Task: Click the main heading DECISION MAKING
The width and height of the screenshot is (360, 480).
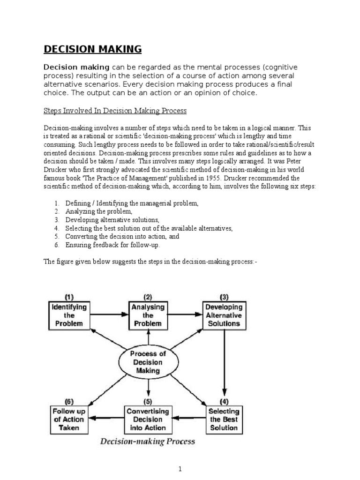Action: point(92,49)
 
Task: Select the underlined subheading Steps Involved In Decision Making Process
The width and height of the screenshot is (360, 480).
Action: point(115,111)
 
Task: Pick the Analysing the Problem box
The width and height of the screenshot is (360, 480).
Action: point(148,315)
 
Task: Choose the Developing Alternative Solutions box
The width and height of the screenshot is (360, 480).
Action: point(224,315)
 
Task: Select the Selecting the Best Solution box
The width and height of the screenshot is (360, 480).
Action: point(224,419)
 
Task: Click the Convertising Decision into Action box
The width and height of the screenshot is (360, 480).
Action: point(148,419)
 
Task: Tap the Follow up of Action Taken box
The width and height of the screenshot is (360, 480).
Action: point(69,419)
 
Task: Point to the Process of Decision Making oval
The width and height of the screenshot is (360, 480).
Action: point(149,362)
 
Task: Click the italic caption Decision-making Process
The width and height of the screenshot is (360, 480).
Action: point(148,442)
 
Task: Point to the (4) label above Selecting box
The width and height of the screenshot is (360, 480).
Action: point(224,402)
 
